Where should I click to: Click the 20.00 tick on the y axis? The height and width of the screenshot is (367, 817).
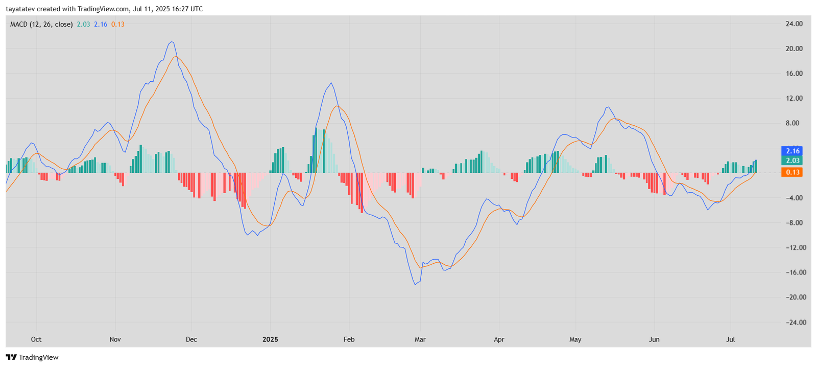coord(794,49)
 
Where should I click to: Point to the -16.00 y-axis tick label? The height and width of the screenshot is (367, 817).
coord(792,272)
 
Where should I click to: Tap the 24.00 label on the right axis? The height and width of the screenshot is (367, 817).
coord(794,24)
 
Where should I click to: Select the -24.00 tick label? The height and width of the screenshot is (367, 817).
coord(792,323)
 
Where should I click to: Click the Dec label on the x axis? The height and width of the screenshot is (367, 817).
coord(191,339)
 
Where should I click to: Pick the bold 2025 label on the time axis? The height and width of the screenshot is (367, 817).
coord(270,339)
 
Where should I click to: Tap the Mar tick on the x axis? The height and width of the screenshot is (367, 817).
coord(420,339)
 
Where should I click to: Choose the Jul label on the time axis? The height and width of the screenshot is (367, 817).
coord(731,339)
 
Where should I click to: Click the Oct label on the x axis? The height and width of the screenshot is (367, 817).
coord(36,339)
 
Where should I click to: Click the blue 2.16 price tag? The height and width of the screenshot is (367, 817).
coord(792,151)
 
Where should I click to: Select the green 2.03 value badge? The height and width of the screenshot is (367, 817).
coord(792,160)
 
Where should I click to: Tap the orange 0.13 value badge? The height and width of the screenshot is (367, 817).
coord(792,172)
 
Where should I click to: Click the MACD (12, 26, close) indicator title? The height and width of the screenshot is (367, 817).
coord(41,25)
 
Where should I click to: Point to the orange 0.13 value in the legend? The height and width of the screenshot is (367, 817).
coord(118,25)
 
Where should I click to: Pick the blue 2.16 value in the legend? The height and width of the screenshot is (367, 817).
coord(101,25)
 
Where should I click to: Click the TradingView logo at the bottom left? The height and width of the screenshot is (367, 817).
coord(32,357)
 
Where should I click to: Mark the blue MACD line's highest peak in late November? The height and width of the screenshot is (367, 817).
coord(172,42)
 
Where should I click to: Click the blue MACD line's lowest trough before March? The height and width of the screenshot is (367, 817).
coord(415,284)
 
